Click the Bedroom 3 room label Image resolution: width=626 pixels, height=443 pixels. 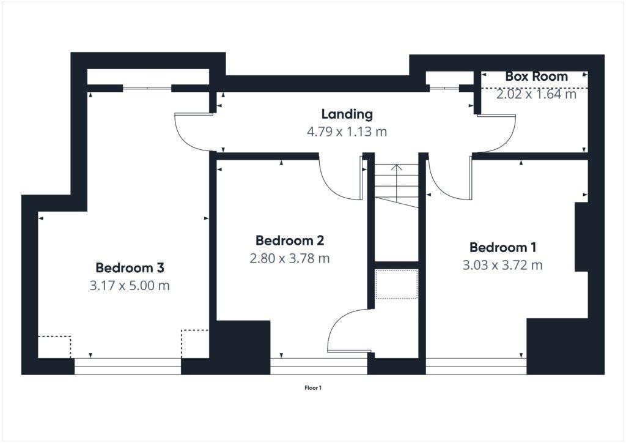(130, 268)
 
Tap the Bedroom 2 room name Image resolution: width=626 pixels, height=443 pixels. (289, 240)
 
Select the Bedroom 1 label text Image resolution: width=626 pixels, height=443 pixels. (503, 247)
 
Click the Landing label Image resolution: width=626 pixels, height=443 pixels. (347, 114)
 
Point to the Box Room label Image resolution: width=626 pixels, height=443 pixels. (536, 76)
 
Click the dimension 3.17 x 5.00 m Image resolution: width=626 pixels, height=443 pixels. (130, 285)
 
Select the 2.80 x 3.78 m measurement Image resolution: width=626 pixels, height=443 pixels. (289, 258)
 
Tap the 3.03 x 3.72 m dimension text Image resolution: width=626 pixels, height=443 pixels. (503, 265)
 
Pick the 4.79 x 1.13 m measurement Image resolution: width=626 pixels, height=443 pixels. (347, 131)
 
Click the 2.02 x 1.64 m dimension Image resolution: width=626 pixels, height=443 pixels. (536, 94)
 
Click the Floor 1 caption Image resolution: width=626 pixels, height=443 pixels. (313, 387)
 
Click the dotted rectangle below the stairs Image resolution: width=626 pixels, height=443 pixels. (396, 284)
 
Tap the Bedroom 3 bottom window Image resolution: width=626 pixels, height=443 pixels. (128, 367)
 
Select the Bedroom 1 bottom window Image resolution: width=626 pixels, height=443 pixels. (476, 367)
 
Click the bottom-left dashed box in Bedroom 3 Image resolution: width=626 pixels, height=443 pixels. (54, 346)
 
